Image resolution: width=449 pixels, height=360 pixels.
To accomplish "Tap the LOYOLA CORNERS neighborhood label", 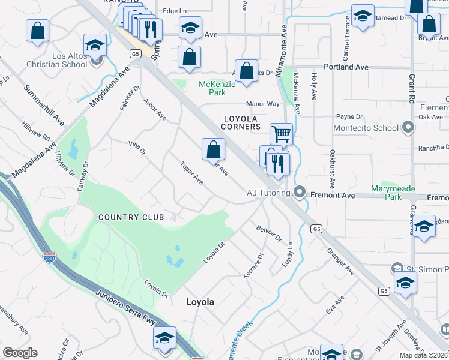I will pyautogui.click(x=241, y=122).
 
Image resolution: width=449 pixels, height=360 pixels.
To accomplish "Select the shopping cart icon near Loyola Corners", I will pyautogui.click(x=280, y=133).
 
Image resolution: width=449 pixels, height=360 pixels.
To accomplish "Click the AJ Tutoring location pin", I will pyautogui.click(x=300, y=193).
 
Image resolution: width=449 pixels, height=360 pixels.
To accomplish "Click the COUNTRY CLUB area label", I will pyautogui.click(x=127, y=217).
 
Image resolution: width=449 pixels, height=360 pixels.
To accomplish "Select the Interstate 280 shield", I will pyautogui.click(x=50, y=257).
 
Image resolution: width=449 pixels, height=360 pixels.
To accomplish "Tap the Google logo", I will pyautogui.click(x=20, y=352).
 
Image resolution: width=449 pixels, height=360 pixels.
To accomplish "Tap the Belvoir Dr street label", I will pyautogui.click(x=268, y=233).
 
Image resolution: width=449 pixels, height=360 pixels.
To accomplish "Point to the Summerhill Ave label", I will pyautogui.click(x=44, y=105).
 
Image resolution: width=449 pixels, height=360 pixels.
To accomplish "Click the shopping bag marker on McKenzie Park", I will pyautogui.click(x=246, y=71).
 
